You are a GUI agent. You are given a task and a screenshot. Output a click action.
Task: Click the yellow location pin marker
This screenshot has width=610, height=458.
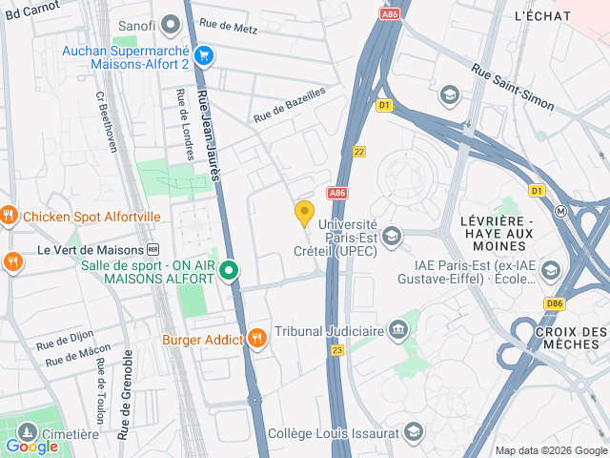pos(305,214)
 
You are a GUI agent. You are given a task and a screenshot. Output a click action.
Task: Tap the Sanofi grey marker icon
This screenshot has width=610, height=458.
pos(172,23)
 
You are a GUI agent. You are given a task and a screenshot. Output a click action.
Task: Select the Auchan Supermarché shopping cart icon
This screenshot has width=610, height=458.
pos(203,56)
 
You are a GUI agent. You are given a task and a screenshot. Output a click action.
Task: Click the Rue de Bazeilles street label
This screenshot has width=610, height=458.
pos(289,105)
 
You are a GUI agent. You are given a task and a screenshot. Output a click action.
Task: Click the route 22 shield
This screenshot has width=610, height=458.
pos(359,151)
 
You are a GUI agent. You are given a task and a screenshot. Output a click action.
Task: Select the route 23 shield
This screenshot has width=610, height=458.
pos(336,350)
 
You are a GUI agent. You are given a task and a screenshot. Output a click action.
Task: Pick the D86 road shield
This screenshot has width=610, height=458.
pos(555,304)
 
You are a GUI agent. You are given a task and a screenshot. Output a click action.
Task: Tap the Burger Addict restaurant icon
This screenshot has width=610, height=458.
pos(257,338)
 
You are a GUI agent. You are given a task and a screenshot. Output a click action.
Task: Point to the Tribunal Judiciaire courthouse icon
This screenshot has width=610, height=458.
pos(398,331)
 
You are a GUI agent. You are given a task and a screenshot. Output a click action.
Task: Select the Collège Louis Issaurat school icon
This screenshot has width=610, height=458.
pos(413,432)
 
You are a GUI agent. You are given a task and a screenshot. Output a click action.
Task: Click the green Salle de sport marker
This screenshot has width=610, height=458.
pos(229,272)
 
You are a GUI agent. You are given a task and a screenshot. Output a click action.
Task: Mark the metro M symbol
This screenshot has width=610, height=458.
pos(562,211)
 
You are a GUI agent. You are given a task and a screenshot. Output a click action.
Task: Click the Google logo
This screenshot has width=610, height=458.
pos(31,446)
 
